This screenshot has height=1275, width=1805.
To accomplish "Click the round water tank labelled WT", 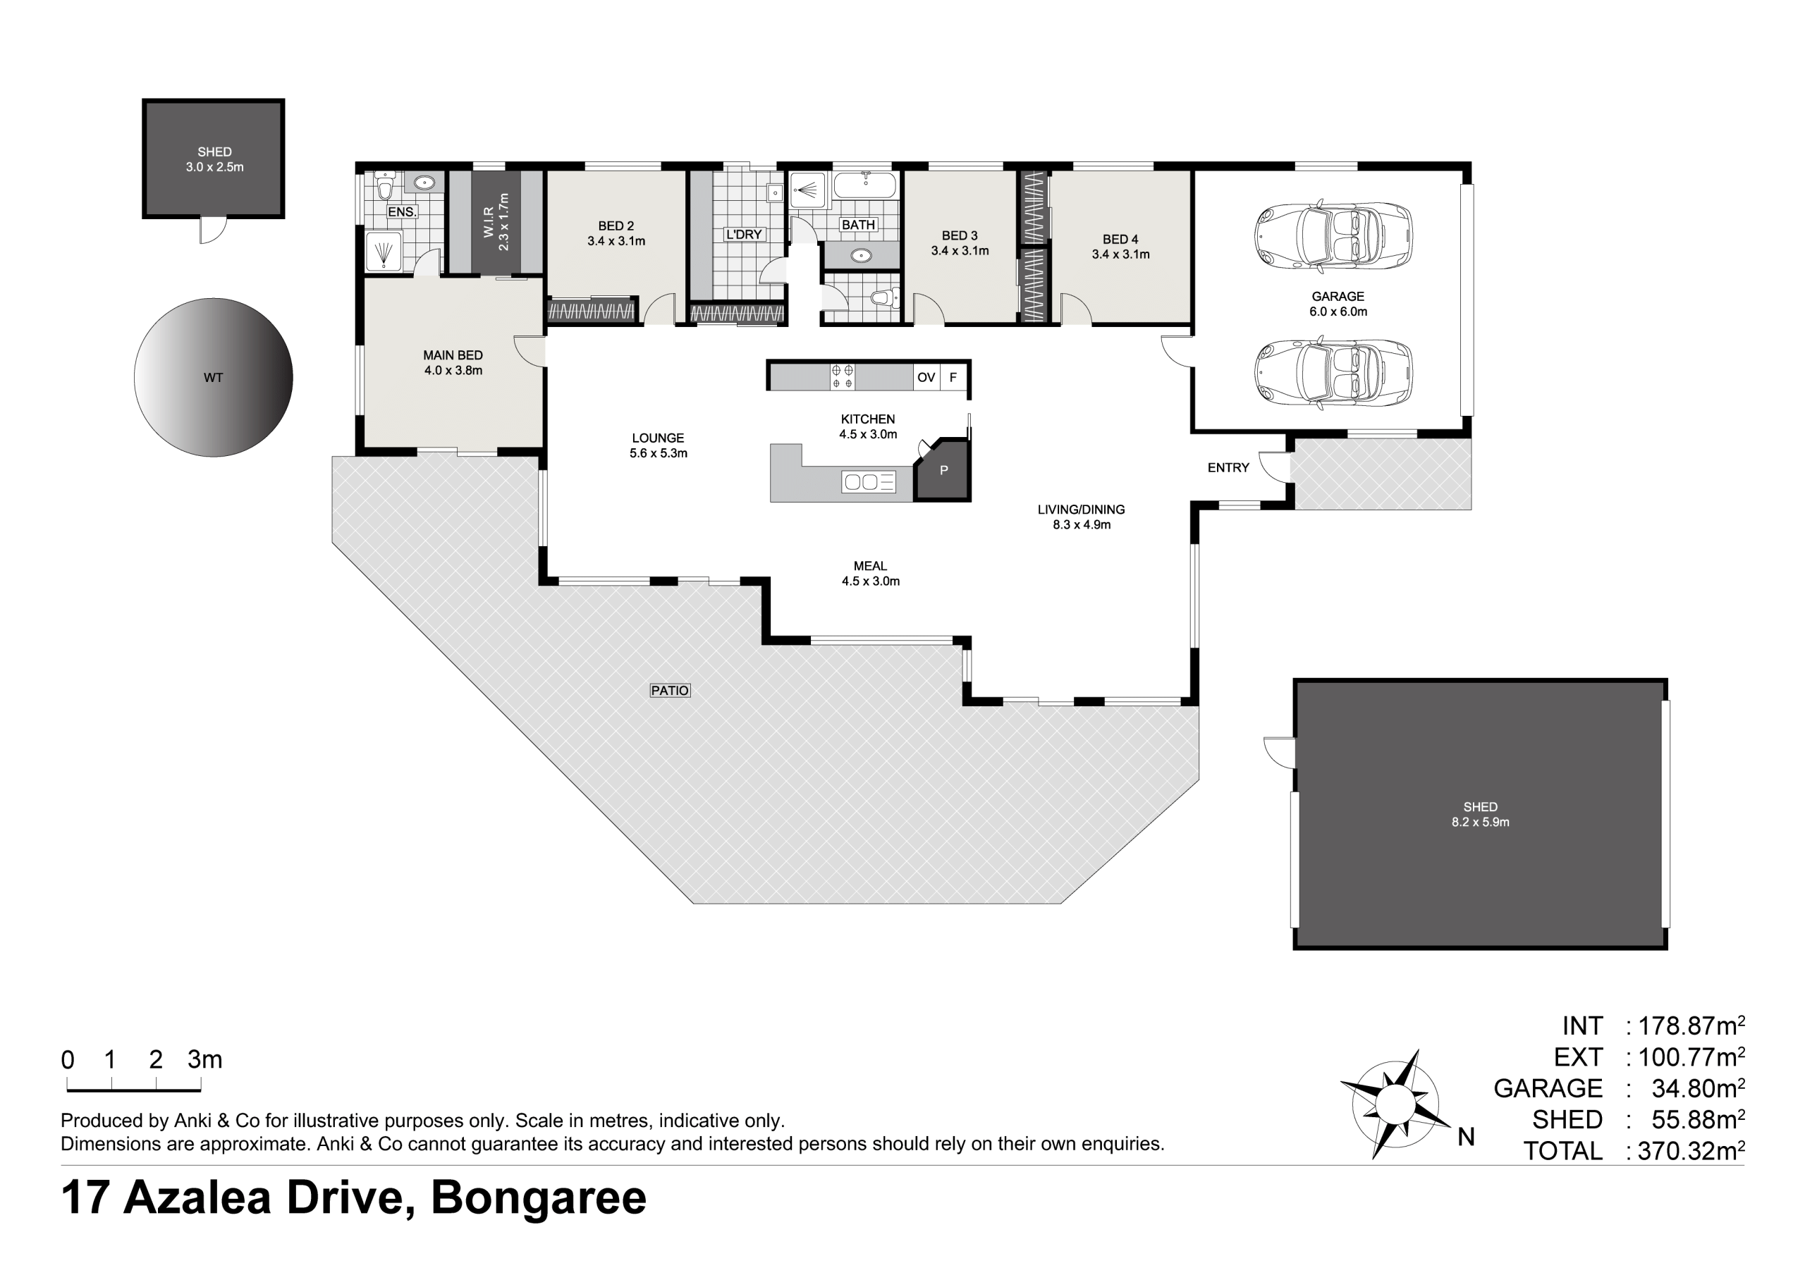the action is (x=213, y=377).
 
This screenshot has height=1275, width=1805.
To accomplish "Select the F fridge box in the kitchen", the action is (x=953, y=377).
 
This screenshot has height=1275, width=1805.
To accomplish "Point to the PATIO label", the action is (x=670, y=690).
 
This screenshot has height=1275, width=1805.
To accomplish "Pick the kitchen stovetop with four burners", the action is (x=843, y=376).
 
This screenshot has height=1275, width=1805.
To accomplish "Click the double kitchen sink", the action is (x=868, y=481).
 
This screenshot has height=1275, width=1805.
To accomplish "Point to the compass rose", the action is (x=1396, y=1104).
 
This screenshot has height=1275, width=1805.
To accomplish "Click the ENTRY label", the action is (x=1228, y=468).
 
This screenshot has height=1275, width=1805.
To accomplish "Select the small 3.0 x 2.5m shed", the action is (x=213, y=159).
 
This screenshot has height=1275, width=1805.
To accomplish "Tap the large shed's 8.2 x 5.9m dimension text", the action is (x=1481, y=823).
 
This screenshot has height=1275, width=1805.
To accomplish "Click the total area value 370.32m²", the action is (x=1691, y=1151).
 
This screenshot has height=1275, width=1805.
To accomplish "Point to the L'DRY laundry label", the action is (x=744, y=234).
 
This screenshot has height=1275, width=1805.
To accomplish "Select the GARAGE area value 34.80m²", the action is (x=1698, y=1088).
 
